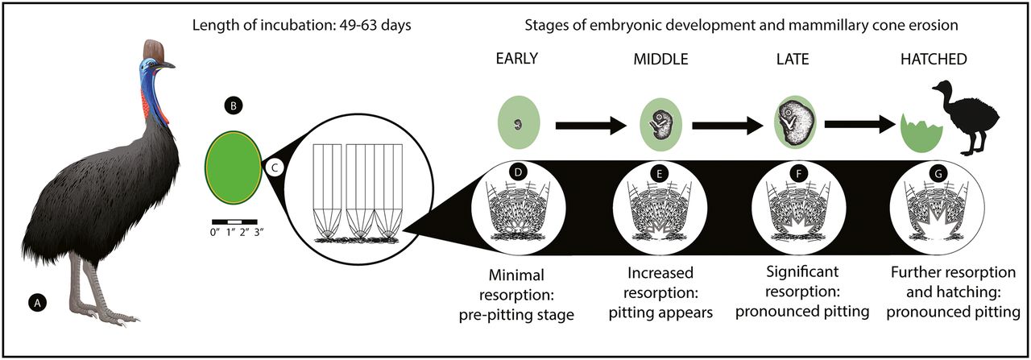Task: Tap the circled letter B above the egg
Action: coord(232,106)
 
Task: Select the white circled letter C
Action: coord(275,168)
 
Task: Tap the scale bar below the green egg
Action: coord(234,220)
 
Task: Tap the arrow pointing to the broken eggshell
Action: coord(859,126)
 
